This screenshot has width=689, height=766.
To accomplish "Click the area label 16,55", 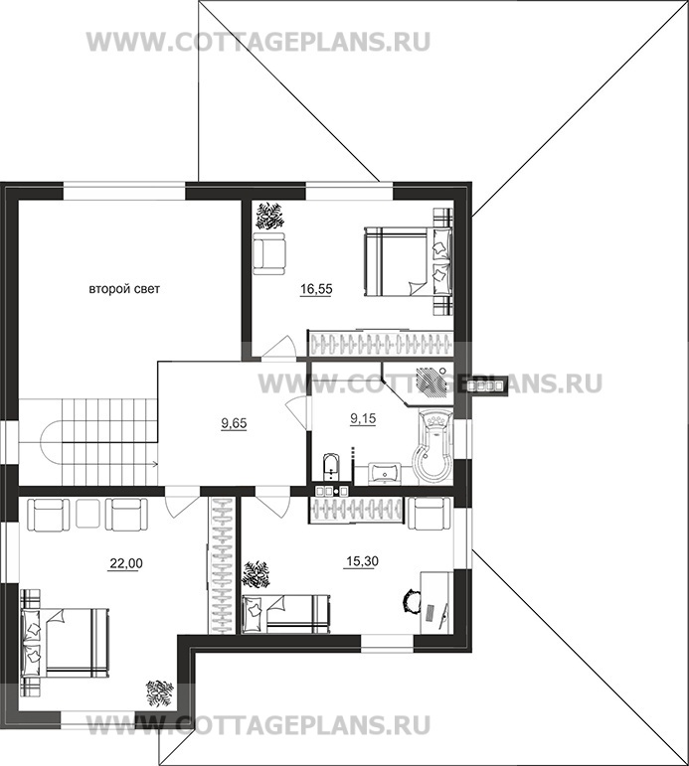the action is tap(316, 289).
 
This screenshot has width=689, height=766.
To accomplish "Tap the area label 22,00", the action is tap(125, 563).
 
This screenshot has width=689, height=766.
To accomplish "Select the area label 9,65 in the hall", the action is tap(234, 423).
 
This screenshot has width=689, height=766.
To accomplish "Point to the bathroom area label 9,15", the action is tap(363, 418).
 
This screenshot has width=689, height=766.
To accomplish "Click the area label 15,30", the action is tap(362, 561).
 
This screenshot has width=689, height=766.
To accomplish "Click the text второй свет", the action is tap(124, 289).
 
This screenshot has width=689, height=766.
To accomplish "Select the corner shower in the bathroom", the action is tap(420, 383).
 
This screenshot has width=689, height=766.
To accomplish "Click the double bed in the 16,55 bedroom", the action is tap(409, 262).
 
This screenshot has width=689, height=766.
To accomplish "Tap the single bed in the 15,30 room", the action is tap(284, 614).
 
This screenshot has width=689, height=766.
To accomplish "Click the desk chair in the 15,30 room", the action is tap(412, 600).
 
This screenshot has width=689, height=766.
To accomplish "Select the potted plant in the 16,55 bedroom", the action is tap(268, 216).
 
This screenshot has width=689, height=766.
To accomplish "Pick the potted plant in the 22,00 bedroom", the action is tap(160, 694).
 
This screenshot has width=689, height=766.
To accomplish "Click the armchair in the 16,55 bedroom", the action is tap(269, 251).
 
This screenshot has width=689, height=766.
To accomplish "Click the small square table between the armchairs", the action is tap(88, 514).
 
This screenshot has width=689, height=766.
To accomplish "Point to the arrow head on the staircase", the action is tap(154, 464).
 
